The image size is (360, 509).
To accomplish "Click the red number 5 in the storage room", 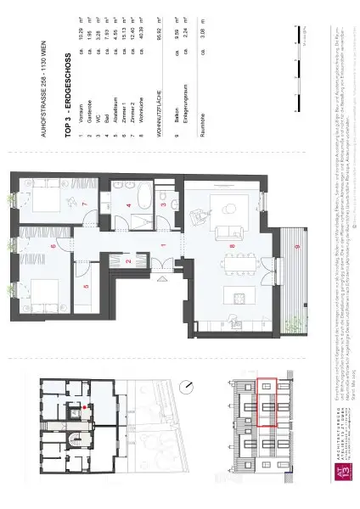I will pyautogui.click(x=86, y=286).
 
